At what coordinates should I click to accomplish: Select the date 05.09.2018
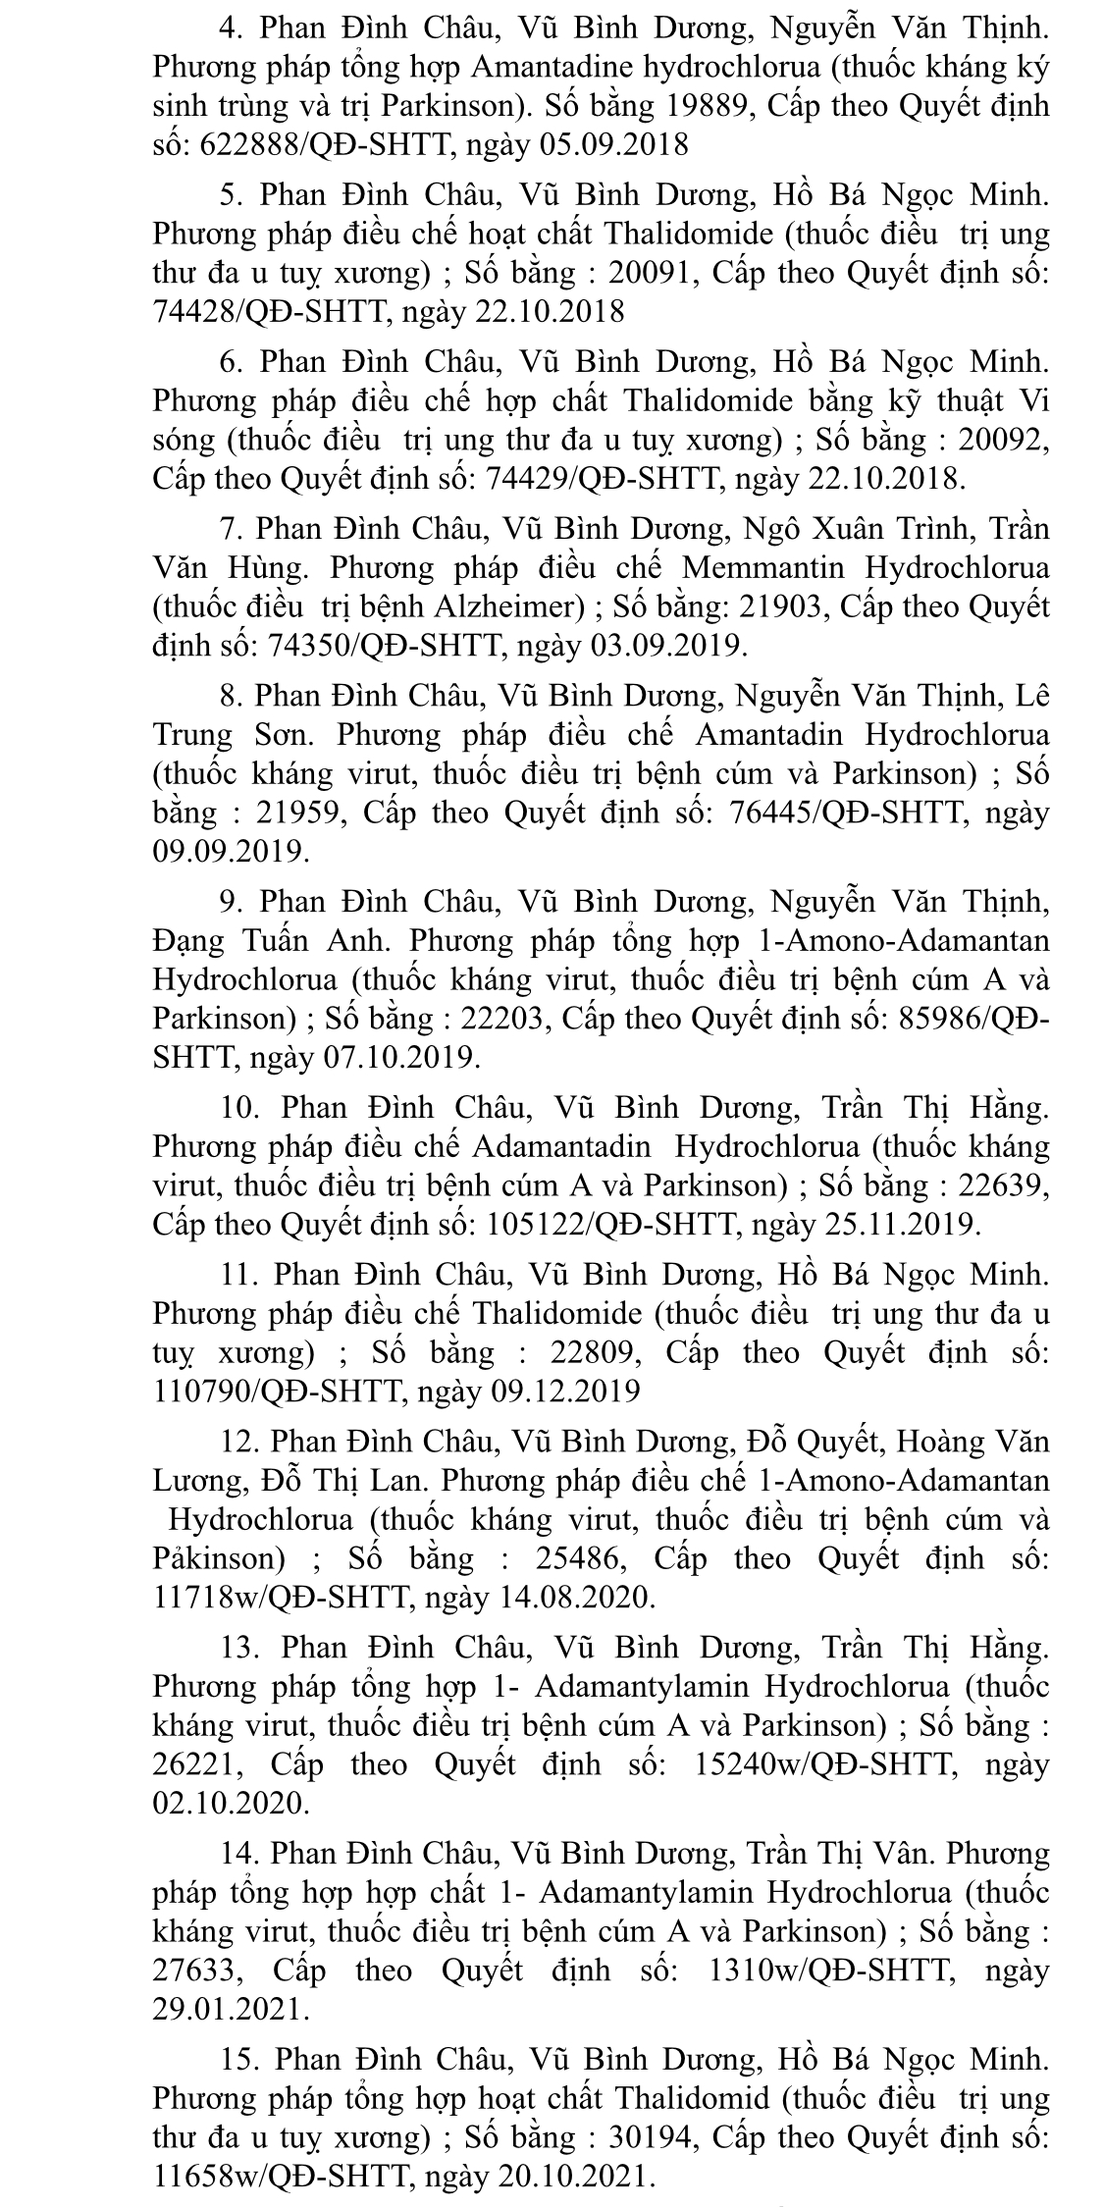point(614,145)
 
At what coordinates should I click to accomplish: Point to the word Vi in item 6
point(1032,400)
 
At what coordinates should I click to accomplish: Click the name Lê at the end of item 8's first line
point(1032,695)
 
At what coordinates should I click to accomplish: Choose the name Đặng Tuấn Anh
point(272,940)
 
